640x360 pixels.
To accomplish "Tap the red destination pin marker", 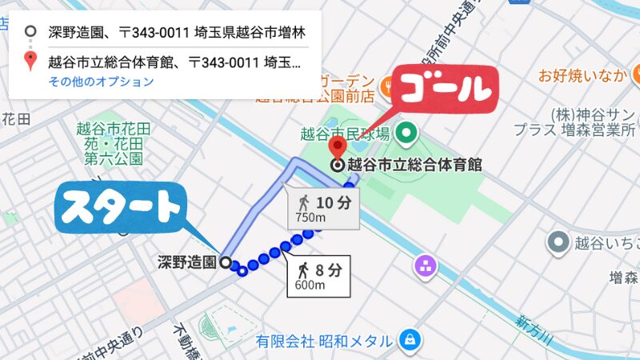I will tap(338, 149).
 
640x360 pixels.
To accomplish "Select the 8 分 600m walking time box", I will tap(315, 275).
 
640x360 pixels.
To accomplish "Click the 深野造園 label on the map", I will tap(187, 262).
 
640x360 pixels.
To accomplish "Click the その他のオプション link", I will tap(101, 82).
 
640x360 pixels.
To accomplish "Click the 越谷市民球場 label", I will tap(345, 133).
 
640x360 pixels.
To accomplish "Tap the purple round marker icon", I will tap(425, 264).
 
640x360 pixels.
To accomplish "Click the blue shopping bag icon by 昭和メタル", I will tap(410, 339).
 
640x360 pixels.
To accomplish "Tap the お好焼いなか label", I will tap(581, 76).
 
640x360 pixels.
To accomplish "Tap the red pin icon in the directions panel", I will tap(30, 60).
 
